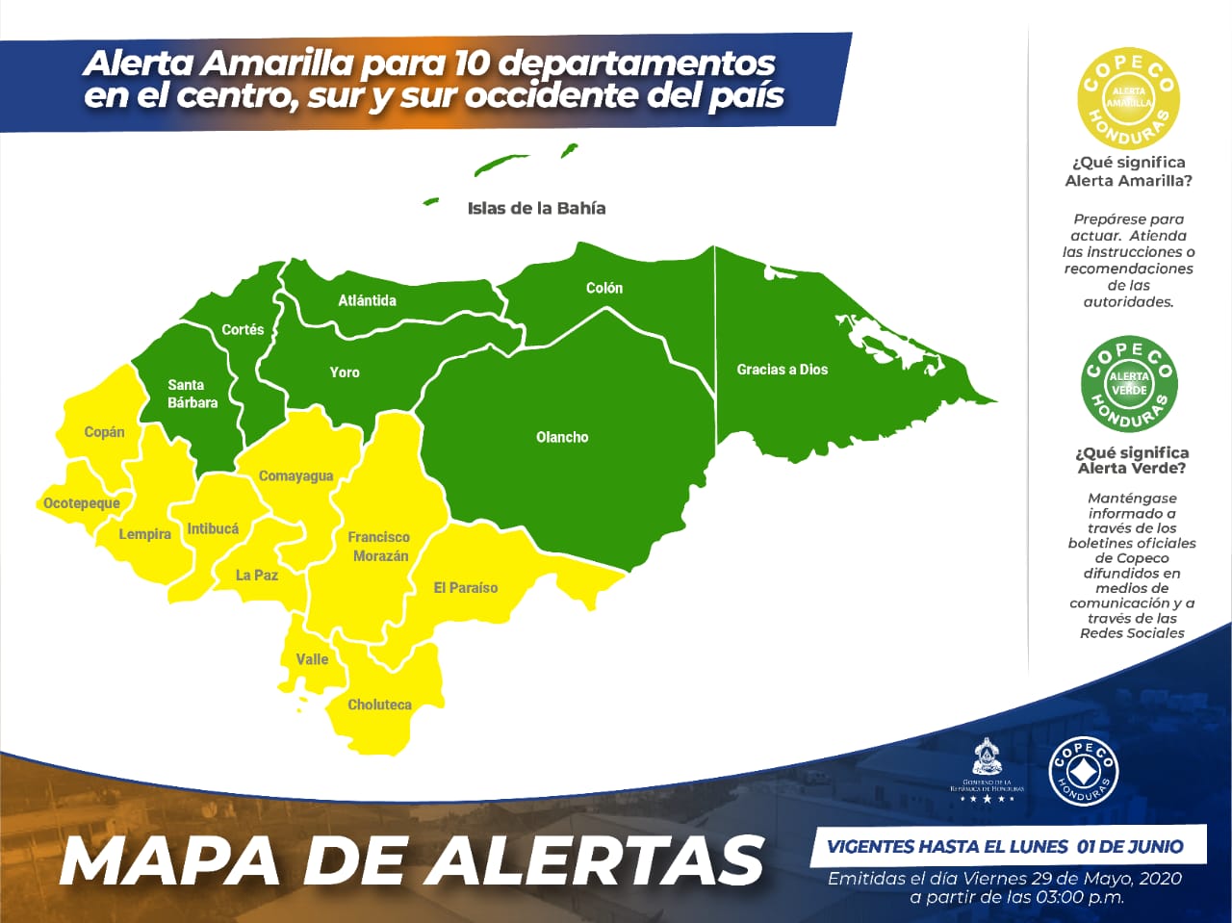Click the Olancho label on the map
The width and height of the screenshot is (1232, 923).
562,437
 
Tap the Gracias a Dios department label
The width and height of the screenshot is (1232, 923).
782,370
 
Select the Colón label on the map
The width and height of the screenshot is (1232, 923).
604,288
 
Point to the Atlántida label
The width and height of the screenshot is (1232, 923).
367,300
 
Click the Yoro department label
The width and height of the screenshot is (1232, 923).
345,372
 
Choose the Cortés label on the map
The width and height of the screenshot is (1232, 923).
243,329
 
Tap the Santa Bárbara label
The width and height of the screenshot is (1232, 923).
192,394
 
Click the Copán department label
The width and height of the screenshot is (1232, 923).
104,432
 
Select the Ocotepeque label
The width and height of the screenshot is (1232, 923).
82,503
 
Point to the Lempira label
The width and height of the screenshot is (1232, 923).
144,534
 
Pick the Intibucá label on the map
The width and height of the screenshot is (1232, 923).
213,528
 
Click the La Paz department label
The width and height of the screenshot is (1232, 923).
257,575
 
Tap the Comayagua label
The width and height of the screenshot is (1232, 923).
295,475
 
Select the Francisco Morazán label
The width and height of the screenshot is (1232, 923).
379,547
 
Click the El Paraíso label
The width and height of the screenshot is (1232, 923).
466,587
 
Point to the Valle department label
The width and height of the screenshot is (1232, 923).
312,659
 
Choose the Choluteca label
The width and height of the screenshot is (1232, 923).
379,705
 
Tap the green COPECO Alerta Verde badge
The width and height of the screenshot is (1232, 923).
1129,384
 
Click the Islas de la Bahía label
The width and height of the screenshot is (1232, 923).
536,208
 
